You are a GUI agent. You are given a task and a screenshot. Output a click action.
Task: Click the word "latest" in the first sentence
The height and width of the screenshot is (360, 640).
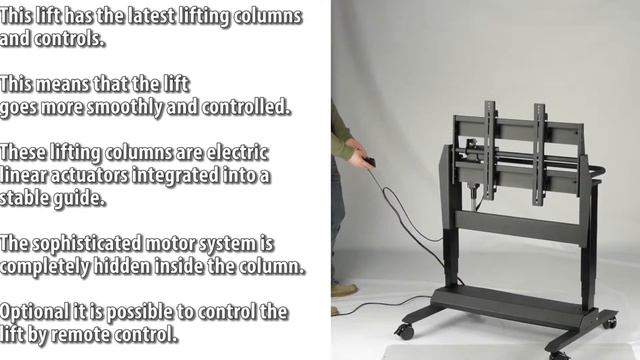(x=151, y=16)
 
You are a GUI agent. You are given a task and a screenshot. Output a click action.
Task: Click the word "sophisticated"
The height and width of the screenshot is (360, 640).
(x=87, y=244)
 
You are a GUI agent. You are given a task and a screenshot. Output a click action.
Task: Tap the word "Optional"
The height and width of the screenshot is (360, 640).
(x=34, y=313)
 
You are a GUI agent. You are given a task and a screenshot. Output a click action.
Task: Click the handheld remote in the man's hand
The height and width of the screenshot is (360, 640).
(x=370, y=162)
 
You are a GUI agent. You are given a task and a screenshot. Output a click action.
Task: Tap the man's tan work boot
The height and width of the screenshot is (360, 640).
(x=344, y=290)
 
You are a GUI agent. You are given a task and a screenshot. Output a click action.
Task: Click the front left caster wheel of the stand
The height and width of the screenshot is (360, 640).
(x=405, y=330)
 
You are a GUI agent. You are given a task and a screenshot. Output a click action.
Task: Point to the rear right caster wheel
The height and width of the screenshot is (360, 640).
(x=610, y=322)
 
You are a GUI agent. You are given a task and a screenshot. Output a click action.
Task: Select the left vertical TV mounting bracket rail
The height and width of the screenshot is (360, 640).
(x=490, y=150)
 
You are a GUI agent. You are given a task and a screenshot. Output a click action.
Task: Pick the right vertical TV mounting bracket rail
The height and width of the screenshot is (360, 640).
(x=540, y=154)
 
